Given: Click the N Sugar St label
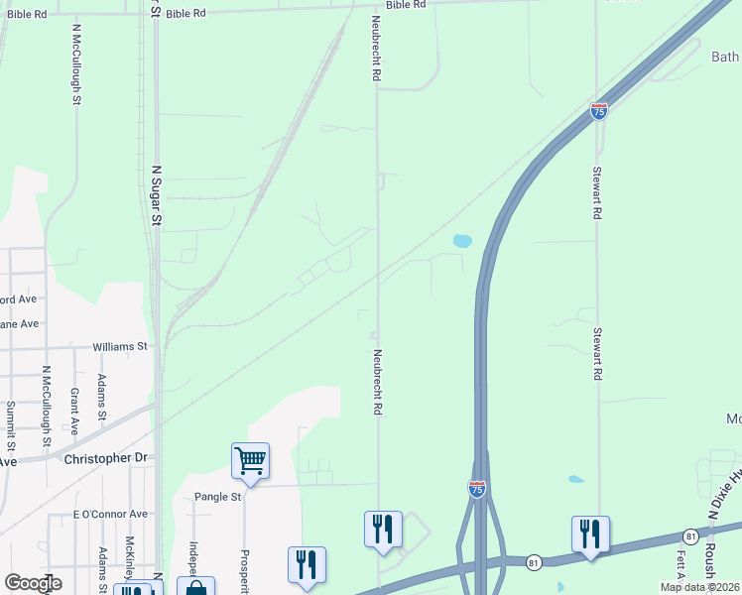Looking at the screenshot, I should point(156,196).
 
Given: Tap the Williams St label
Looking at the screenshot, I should point(120,347).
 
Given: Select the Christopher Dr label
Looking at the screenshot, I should point(104,458).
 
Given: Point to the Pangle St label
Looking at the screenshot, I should point(218,497).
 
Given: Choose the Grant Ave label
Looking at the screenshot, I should point(74,412).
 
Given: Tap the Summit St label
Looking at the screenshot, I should point(10,421).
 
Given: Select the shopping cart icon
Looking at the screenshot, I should point(250,460).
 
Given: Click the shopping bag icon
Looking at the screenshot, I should point(196,587).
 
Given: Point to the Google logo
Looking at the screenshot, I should point(33,583).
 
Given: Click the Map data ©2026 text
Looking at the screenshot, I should point(700,587).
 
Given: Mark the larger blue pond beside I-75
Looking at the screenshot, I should point(462,240).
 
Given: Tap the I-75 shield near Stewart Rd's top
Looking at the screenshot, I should point(599,111).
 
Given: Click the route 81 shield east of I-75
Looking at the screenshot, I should point(691,535).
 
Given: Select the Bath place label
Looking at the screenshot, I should point(725,58).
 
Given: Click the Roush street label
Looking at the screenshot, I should point(710,563).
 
